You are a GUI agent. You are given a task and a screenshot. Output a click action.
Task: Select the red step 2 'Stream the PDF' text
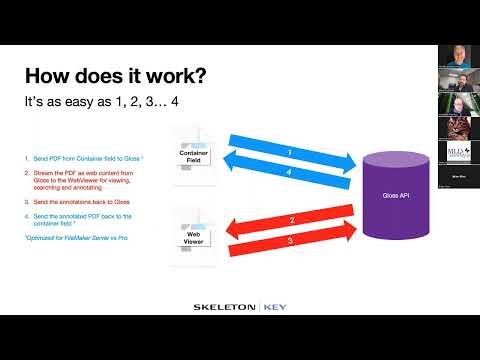point(84,181)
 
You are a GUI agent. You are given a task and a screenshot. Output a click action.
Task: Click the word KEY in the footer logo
point(276,306)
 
